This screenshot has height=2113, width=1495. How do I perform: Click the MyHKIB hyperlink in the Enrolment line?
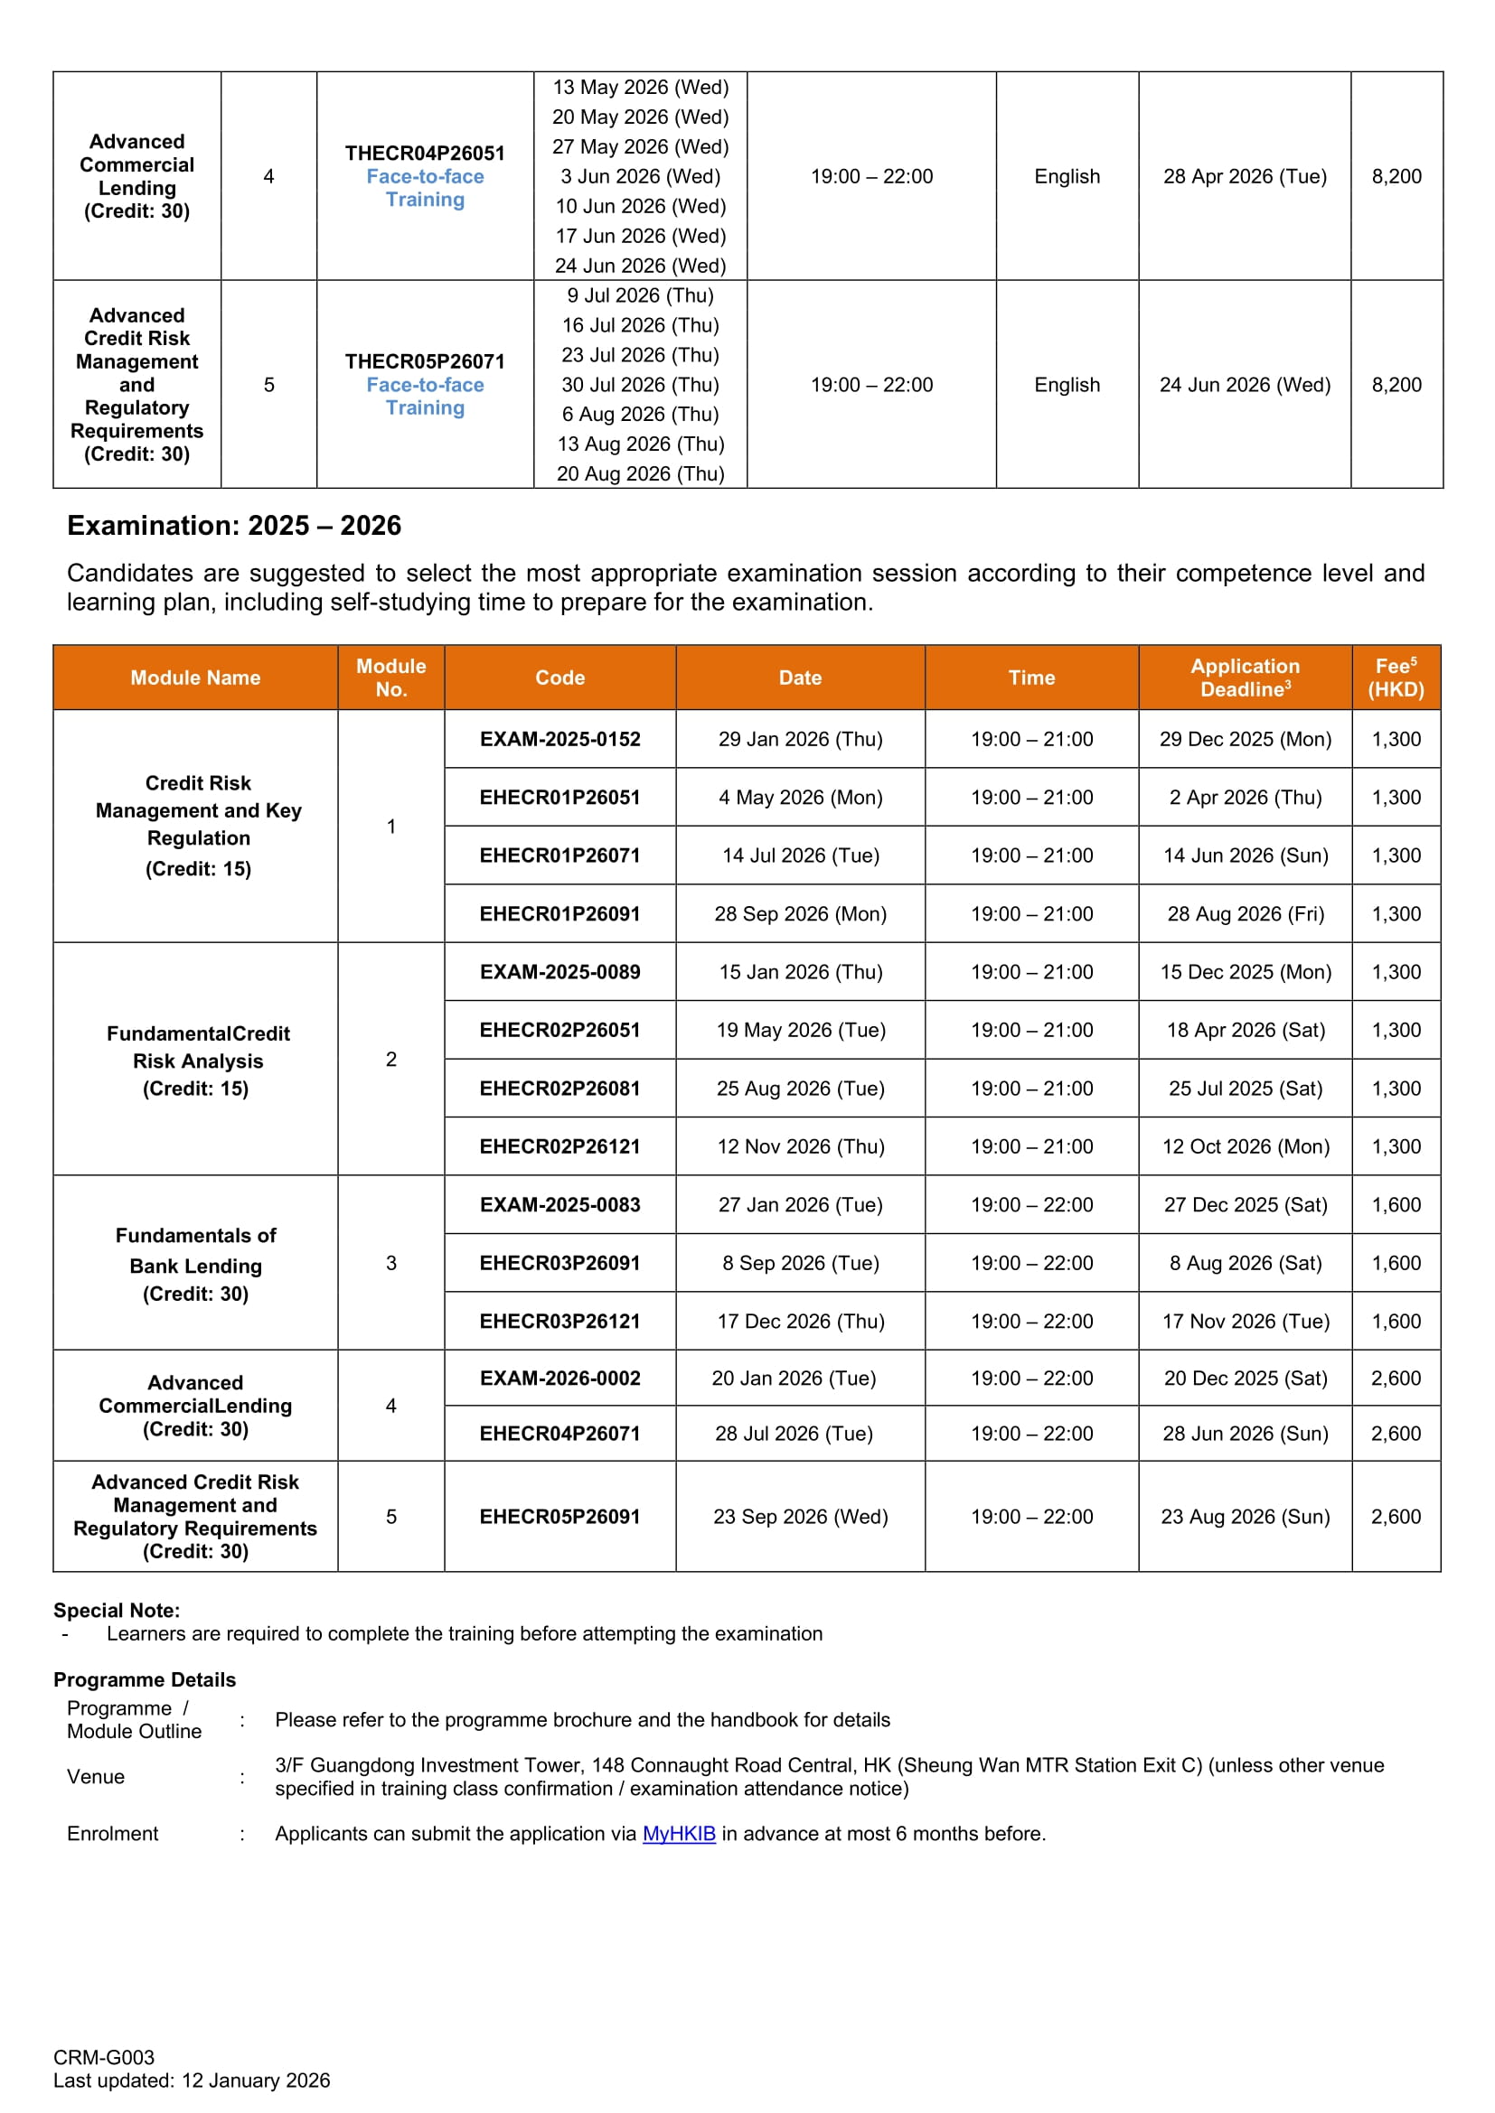tap(679, 1833)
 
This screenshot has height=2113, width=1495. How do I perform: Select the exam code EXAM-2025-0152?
tap(559, 739)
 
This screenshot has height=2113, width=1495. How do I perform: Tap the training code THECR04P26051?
tap(425, 153)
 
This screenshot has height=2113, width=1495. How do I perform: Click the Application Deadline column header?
tap(1245, 678)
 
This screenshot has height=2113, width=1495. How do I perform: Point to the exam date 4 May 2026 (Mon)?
tap(800, 797)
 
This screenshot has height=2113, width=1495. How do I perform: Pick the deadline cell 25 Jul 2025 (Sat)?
tap(1245, 1088)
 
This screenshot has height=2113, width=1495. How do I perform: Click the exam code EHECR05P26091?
tap(559, 1516)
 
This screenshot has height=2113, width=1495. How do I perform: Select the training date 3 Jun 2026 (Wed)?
tap(640, 176)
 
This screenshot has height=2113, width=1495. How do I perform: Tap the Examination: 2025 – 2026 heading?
tap(234, 526)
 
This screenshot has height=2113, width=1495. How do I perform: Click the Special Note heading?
tap(117, 1610)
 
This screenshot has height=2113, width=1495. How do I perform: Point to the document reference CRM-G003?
tap(104, 2057)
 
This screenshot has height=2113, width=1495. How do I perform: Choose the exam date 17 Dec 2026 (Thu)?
tap(800, 1321)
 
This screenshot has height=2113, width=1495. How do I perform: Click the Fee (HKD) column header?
tap(1396, 678)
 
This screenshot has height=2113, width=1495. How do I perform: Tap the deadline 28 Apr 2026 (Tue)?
tap(1245, 176)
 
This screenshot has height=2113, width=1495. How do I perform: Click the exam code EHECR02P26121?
tap(559, 1145)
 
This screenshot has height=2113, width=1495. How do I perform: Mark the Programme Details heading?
tap(145, 1679)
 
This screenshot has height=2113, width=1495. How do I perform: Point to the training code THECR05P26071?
tap(425, 360)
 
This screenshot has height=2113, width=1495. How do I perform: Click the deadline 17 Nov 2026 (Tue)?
tap(1245, 1321)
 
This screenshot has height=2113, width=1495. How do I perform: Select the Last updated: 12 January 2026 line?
tap(192, 2080)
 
